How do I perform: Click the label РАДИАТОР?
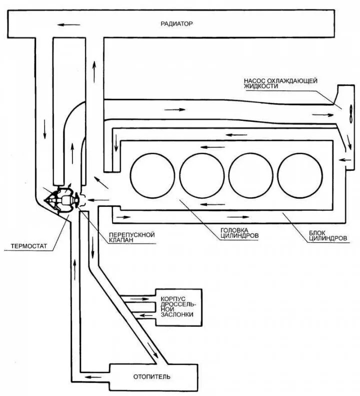tap(176, 23)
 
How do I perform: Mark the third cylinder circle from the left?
tap(249, 174)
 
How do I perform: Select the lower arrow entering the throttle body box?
tap(145, 315)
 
